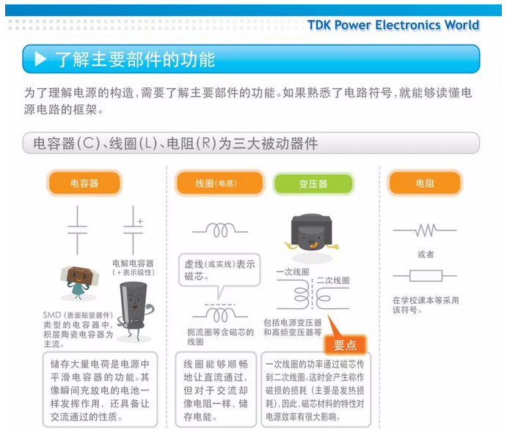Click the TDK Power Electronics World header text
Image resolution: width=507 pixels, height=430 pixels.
click(393, 25)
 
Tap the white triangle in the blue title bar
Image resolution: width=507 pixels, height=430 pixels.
click(40, 59)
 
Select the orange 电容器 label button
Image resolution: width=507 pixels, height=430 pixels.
click(84, 183)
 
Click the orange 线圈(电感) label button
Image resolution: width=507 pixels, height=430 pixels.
click(219, 183)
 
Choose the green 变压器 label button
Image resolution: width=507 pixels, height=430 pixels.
click(313, 184)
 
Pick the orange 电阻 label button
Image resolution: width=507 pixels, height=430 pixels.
click(425, 183)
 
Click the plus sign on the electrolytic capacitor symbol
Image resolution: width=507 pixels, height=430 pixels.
click(140, 222)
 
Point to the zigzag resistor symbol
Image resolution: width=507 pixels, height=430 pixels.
click(425, 230)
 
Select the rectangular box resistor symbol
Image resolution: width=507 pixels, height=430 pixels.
click(425, 276)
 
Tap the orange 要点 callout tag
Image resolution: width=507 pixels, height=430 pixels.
click(345, 345)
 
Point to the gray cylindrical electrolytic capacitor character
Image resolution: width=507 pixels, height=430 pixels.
click(135, 311)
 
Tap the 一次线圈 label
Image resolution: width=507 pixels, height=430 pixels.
click(293, 272)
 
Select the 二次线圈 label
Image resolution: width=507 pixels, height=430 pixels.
click(332, 280)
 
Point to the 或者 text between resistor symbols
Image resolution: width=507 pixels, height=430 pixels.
click(426, 255)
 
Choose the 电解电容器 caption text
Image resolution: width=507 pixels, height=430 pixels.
click(133, 263)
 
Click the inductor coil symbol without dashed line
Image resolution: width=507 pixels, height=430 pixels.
click(220, 230)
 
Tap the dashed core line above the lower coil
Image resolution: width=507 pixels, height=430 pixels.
click(220, 305)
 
